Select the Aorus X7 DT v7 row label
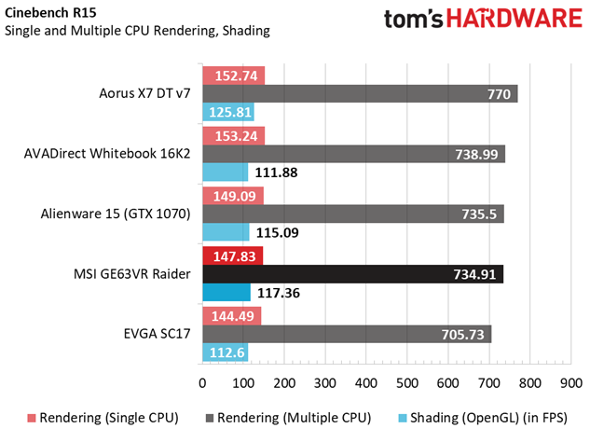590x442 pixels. coord(144,93)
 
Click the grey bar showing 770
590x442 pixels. coord(359,94)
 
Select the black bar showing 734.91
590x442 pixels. coord(352,274)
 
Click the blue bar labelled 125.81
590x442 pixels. coord(227,113)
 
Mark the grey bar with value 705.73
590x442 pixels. coord(346,334)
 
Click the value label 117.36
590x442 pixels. coord(280,293)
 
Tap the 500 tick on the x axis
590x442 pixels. coord(406,383)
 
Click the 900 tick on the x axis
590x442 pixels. coord(570,383)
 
